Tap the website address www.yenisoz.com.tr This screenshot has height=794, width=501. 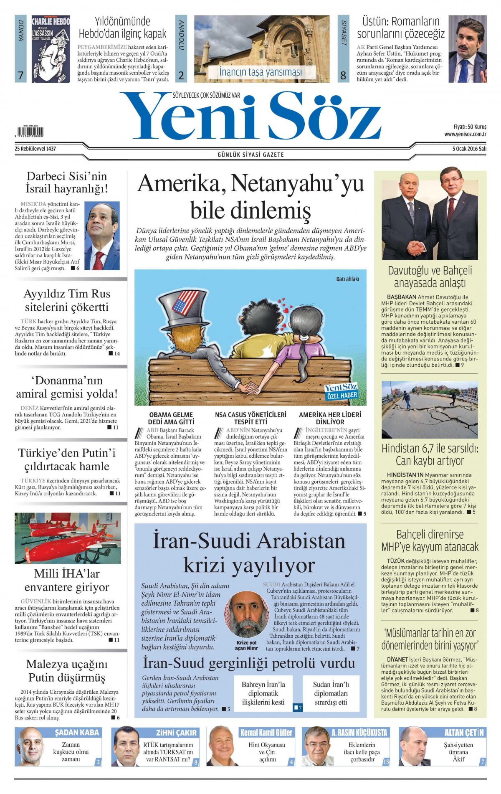[x=465, y=134]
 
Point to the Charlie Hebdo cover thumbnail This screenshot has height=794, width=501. [x=51, y=49]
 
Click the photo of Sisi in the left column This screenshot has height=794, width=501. [x=102, y=236]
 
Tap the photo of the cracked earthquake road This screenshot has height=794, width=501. [x=430, y=409]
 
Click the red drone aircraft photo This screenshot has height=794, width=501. [x=68, y=538]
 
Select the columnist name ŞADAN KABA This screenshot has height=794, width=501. [x=77, y=732]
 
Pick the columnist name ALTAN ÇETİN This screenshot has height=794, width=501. [x=464, y=732]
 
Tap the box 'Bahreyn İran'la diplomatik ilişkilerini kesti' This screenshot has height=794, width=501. [x=263, y=693]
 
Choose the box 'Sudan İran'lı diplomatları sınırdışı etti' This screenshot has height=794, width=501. [x=331, y=693]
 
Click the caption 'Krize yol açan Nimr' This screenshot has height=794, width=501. [x=246, y=645]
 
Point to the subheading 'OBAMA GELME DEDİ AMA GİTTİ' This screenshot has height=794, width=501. [x=171, y=418]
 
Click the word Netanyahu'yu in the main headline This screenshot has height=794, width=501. [x=297, y=184]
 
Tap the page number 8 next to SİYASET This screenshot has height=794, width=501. [x=343, y=75]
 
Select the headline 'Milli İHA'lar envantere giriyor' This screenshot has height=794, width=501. [x=67, y=580]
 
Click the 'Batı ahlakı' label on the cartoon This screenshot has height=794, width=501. [x=347, y=279]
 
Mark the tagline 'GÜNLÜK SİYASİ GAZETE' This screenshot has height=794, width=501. [x=250, y=155]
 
